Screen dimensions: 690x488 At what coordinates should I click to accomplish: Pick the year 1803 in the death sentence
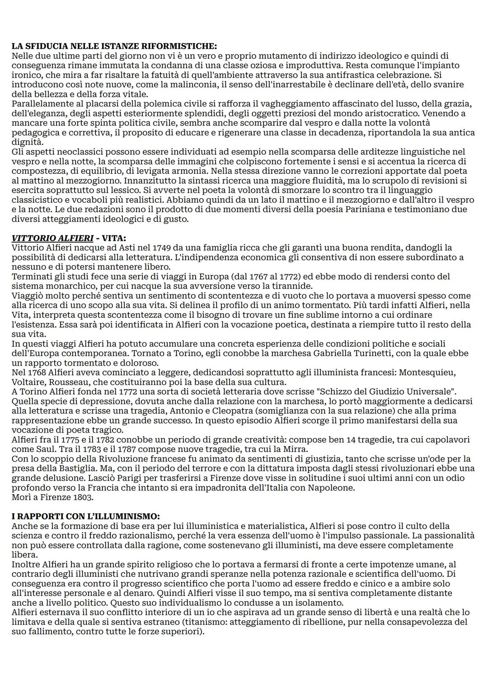(85, 497)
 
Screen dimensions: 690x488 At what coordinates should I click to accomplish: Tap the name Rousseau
(66, 382)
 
